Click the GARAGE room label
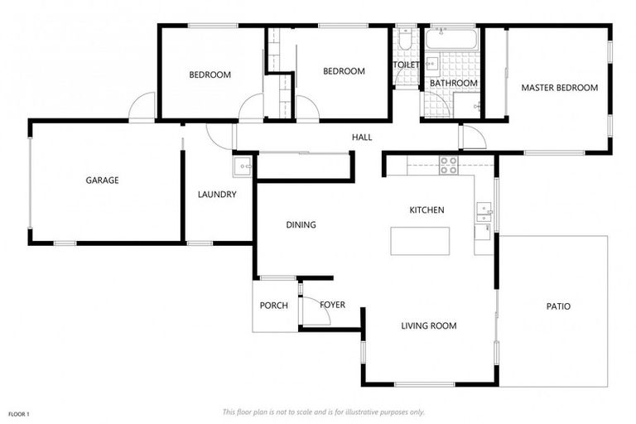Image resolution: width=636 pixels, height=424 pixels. [103, 181]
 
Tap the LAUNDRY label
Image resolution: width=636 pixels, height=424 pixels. [217, 195]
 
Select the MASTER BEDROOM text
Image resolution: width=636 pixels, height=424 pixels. [559, 88]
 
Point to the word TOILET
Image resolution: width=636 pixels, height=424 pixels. [406, 64]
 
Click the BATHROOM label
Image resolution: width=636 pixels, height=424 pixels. [453, 84]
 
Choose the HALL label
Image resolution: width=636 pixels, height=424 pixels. [362, 137]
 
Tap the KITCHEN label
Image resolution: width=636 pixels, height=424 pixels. [427, 210]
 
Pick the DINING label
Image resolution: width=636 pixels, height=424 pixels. [301, 225]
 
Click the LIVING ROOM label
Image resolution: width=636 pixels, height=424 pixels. [429, 326]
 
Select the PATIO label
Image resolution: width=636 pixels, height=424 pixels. [558, 306]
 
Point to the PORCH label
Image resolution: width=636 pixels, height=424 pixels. [273, 306]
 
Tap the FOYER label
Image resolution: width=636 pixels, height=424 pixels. [332, 305]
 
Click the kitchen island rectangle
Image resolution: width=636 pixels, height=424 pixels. [420, 241]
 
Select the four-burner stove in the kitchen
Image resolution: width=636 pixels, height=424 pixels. [448, 165]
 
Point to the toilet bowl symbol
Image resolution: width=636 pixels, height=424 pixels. [404, 41]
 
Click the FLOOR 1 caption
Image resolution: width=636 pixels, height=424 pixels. [18, 413]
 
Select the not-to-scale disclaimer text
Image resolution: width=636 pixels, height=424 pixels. [323, 412]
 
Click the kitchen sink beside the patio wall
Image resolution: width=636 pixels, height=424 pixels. [484, 214]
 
